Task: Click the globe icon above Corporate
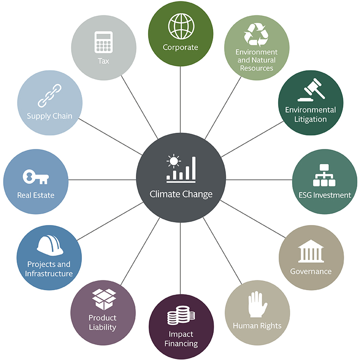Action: click(180, 26)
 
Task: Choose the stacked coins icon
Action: click(180, 317)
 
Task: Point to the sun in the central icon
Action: click(173, 161)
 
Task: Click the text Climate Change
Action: click(180, 194)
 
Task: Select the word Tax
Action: click(103, 60)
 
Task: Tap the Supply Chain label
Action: click(49, 116)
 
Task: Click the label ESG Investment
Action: click(325, 195)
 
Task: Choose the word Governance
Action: click(310, 271)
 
